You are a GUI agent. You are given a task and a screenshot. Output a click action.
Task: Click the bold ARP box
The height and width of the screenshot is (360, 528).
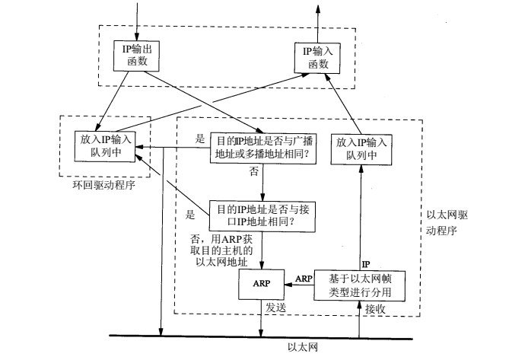point(261,285)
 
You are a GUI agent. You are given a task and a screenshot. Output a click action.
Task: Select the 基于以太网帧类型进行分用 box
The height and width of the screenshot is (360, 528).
point(361,285)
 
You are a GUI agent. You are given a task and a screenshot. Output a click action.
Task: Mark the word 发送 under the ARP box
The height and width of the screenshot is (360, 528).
point(275,310)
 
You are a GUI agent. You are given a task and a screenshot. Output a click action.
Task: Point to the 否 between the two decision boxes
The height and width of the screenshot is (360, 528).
point(253,173)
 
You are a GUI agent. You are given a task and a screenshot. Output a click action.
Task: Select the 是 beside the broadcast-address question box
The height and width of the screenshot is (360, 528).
point(201,140)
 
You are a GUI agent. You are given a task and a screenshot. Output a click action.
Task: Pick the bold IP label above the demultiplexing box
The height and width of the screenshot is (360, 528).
point(365,263)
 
